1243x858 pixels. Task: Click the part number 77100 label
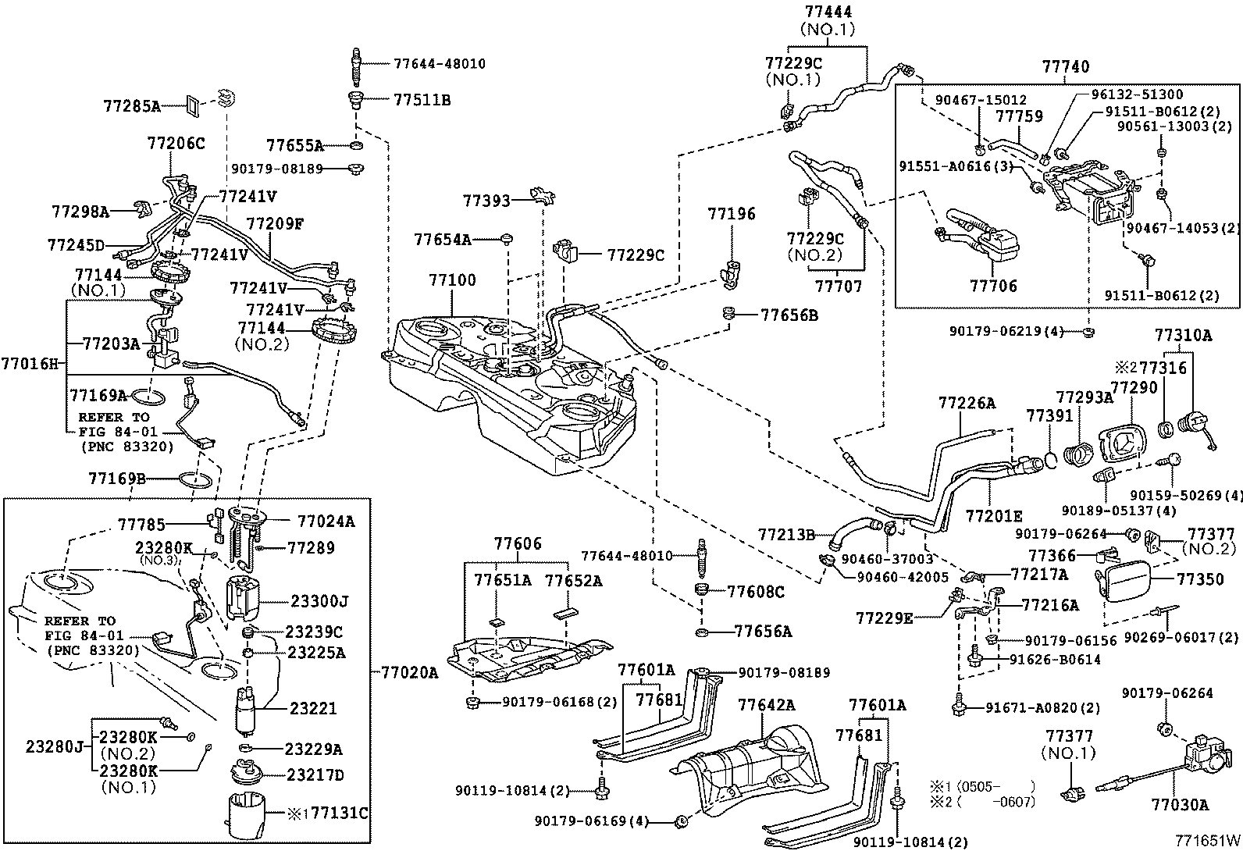coord(452,280)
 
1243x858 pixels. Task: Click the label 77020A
coord(410,671)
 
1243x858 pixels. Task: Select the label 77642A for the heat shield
coord(766,705)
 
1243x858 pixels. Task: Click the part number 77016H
coord(30,363)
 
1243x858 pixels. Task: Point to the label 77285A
coord(131,105)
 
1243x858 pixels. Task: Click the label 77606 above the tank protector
coord(518,544)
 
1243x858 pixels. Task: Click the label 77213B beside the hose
coord(786,535)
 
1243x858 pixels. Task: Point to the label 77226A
coord(967,403)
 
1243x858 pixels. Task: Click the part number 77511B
coord(422,100)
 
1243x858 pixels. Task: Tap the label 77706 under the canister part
coord(993,286)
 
